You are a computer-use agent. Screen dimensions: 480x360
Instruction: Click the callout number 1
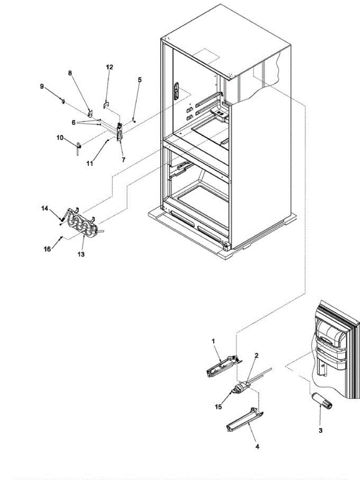213,341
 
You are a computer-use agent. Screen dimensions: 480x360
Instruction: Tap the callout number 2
256,355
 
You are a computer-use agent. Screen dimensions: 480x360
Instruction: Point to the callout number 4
257,446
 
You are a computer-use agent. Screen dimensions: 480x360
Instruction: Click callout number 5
139,80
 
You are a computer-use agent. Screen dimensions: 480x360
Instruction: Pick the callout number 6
74,123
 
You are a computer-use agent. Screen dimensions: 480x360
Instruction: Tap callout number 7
123,159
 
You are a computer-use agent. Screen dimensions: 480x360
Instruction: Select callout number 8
70,73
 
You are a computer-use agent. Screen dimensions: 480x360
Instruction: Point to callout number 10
60,138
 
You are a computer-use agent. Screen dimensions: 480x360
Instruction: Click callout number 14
45,208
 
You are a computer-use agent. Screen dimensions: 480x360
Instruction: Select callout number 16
47,249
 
